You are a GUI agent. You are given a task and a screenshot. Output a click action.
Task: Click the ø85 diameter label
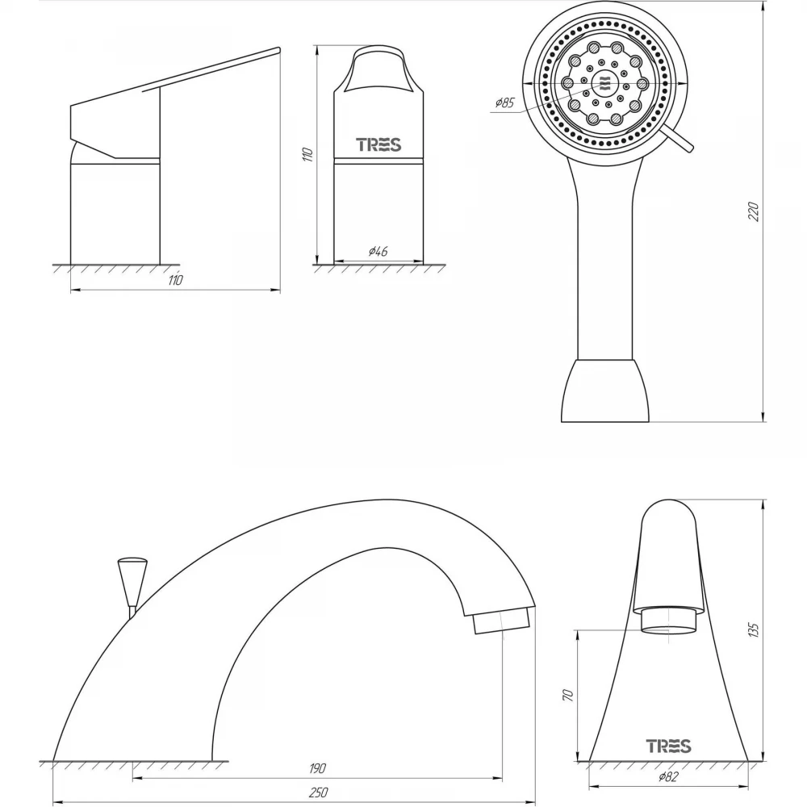pyautogui.click(x=505, y=102)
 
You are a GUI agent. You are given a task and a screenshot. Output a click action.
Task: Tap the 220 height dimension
pyautogui.click(x=754, y=211)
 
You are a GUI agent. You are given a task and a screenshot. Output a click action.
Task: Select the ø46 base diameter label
pyautogui.click(x=378, y=252)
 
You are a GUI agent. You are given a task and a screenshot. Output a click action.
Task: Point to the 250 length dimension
pyautogui.click(x=318, y=792)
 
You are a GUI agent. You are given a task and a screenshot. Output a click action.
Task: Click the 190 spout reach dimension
pyautogui.click(x=317, y=768)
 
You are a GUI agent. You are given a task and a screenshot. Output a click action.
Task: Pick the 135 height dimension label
pyautogui.click(x=754, y=630)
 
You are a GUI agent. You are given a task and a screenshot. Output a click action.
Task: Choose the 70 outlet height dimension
pyautogui.click(x=568, y=696)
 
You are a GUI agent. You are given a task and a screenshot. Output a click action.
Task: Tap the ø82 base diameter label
pyautogui.click(x=668, y=776)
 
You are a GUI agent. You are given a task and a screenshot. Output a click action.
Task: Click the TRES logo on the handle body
pyautogui.click(x=378, y=144)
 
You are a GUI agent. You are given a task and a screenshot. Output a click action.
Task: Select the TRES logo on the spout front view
pyautogui.click(x=668, y=746)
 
